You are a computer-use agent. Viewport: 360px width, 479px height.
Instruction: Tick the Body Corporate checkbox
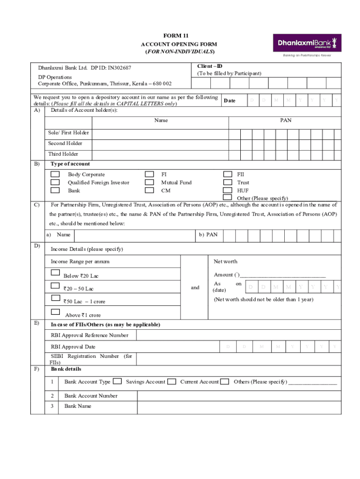pyautogui.click(x=55, y=174)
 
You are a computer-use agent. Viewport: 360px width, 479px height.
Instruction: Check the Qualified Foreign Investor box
pyautogui.click(x=55, y=182)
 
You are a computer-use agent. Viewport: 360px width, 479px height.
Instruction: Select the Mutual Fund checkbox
pyautogui.click(x=149, y=182)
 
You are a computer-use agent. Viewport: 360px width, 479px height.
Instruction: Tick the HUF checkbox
pyautogui.click(x=228, y=190)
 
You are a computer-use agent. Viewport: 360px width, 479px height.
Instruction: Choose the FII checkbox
pyautogui.click(x=228, y=174)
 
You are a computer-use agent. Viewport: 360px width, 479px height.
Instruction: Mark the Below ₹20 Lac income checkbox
pyautogui.click(x=55, y=273)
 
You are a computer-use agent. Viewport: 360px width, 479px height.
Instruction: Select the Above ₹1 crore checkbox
pyautogui.click(x=55, y=312)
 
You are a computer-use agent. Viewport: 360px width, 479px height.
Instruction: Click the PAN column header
pyautogui.click(x=286, y=121)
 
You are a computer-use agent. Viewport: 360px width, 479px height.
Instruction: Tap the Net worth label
pyautogui.click(x=225, y=261)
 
